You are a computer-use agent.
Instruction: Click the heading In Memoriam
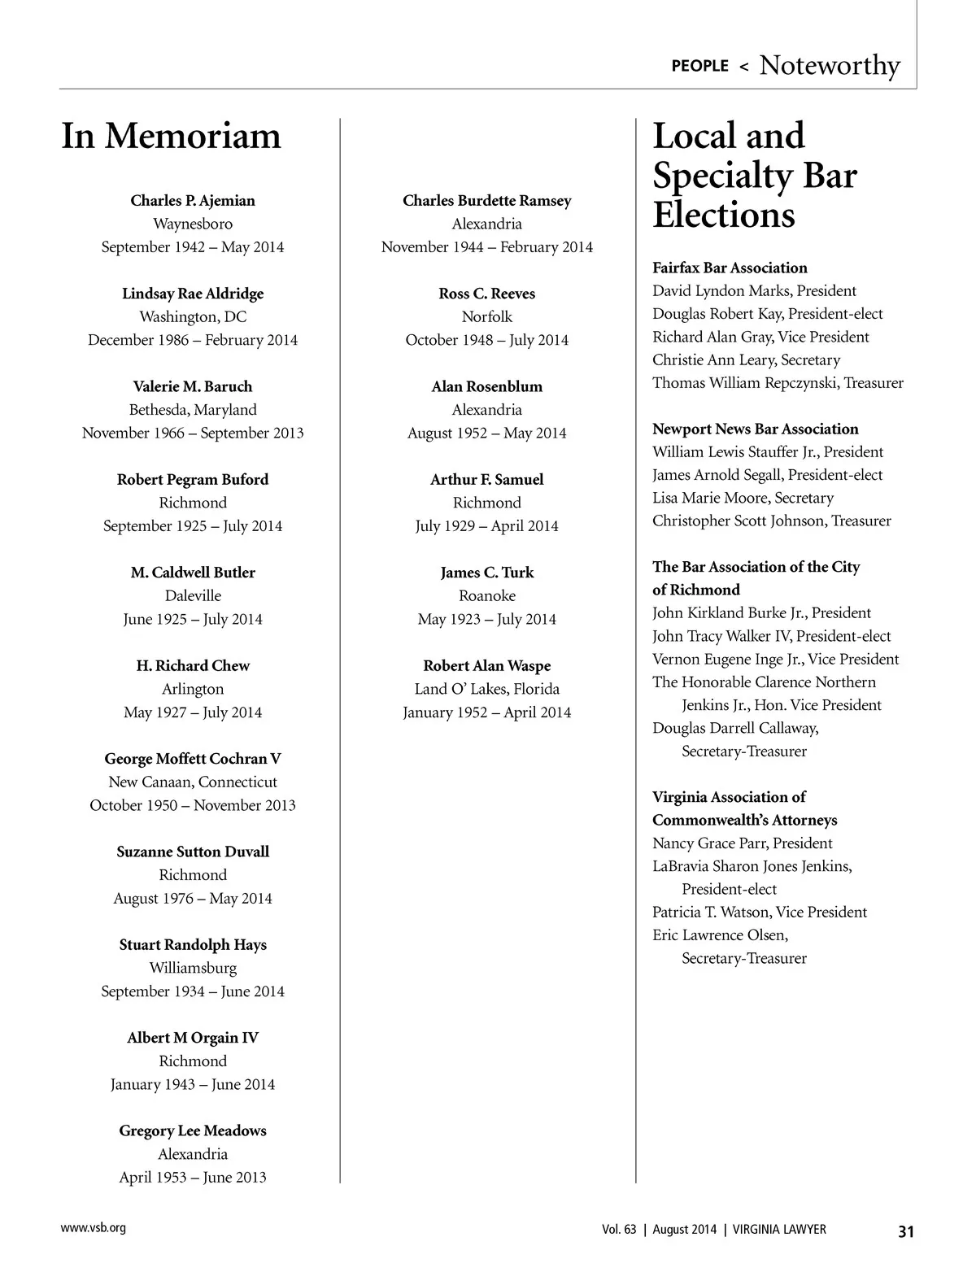coord(171,136)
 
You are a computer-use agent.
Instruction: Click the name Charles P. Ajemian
coord(193,201)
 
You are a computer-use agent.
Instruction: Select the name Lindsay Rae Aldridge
coord(193,294)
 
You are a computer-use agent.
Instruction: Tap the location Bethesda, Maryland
coord(193,410)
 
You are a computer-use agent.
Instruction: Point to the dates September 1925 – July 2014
coord(193,526)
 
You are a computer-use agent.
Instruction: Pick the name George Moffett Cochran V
coord(193,759)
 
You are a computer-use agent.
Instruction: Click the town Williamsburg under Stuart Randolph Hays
coord(193,968)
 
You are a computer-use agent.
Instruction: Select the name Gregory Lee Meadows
coord(193,1130)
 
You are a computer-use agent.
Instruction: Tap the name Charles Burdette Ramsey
coord(487,201)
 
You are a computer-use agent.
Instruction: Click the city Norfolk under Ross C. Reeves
coord(487,317)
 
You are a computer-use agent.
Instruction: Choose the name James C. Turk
coord(487,573)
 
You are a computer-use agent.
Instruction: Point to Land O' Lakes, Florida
coord(487,689)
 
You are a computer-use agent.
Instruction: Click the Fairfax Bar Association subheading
coord(730,268)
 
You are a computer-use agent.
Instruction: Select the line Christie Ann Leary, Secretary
coord(746,359)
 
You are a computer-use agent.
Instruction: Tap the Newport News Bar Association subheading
coord(755,429)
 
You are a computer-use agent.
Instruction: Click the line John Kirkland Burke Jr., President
coord(761,613)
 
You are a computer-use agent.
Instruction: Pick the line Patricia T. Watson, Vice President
coord(760,913)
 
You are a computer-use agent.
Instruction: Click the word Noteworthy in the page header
coord(830,65)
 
